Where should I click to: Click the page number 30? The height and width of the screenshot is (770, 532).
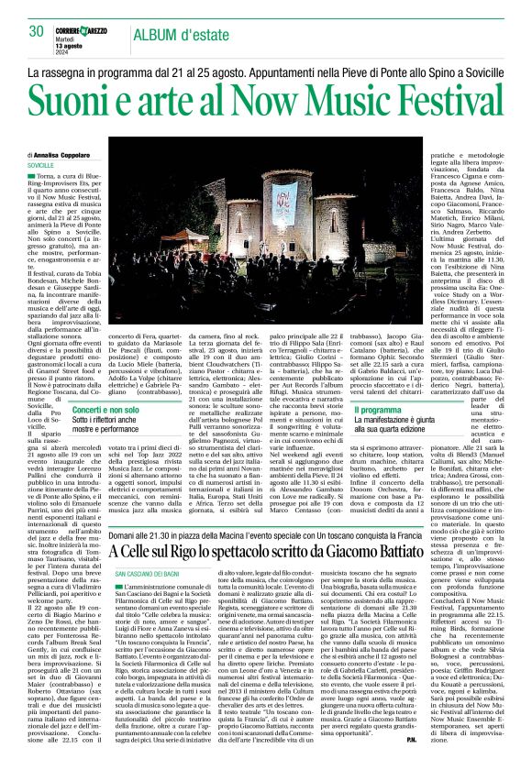click(38, 31)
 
